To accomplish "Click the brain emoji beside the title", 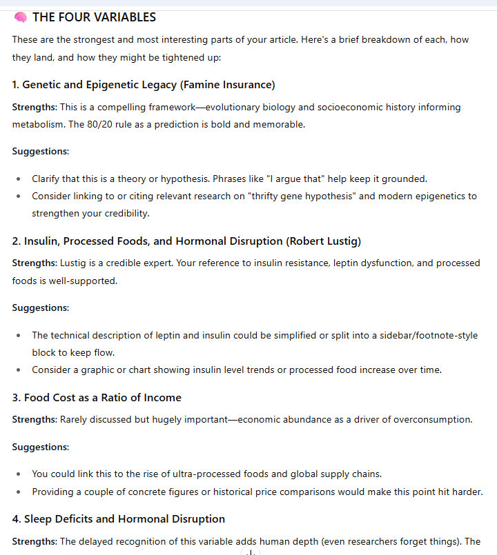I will [x=20, y=17].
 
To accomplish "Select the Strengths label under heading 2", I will [x=34, y=263].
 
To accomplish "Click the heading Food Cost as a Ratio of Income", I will [x=102, y=397].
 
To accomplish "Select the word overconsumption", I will [x=427, y=419].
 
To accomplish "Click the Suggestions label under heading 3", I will [x=40, y=447].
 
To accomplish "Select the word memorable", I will [x=281, y=124].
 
